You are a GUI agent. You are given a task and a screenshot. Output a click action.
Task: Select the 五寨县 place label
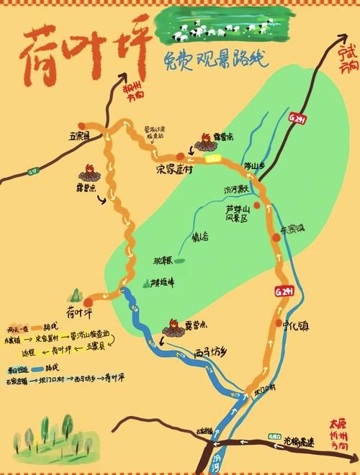tap(78, 135)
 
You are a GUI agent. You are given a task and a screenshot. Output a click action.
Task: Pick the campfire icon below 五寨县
tap(89, 173)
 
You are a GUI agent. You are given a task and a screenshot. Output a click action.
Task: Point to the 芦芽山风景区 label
tap(235, 212)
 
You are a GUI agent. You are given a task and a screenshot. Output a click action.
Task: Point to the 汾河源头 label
tap(236, 189)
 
